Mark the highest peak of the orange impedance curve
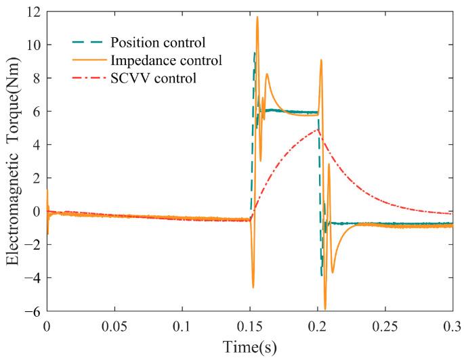tap(257, 17)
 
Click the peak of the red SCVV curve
tap(318, 130)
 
